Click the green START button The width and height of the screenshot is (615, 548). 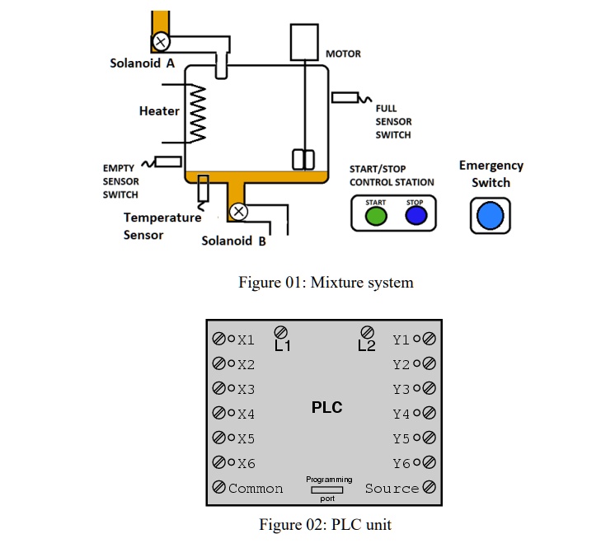pos(376,217)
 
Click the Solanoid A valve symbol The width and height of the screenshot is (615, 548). pos(161,40)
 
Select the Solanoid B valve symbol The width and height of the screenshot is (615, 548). pos(238,212)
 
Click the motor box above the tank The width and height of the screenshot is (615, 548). pos(304,41)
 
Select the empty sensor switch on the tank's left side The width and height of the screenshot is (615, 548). pos(167,162)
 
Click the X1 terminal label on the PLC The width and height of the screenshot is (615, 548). pos(246,340)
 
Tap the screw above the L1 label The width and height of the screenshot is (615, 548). pos(281,331)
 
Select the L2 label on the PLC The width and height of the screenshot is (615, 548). pos(367,346)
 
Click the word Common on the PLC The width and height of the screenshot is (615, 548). pos(256,488)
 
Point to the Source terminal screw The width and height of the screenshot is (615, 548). pos(429,488)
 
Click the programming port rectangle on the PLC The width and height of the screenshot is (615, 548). pos(328,489)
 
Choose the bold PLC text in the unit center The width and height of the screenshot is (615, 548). pos(326,407)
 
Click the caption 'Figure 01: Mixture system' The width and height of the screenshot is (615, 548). pos(326,283)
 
